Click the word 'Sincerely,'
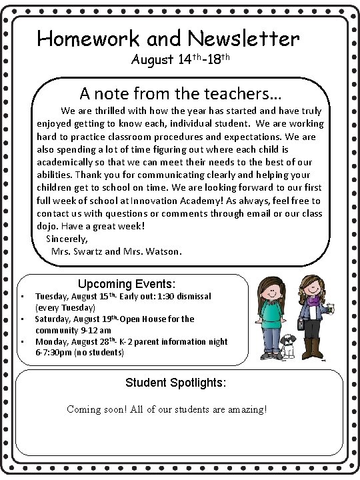pyautogui.click(x=67, y=238)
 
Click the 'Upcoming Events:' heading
pyautogui.click(x=127, y=283)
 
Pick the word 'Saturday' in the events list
pyautogui.click(x=54, y=319)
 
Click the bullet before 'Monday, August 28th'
pyautogui.click(x=23, y=342)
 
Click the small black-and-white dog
pyautogui.click(x=288, y=346)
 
